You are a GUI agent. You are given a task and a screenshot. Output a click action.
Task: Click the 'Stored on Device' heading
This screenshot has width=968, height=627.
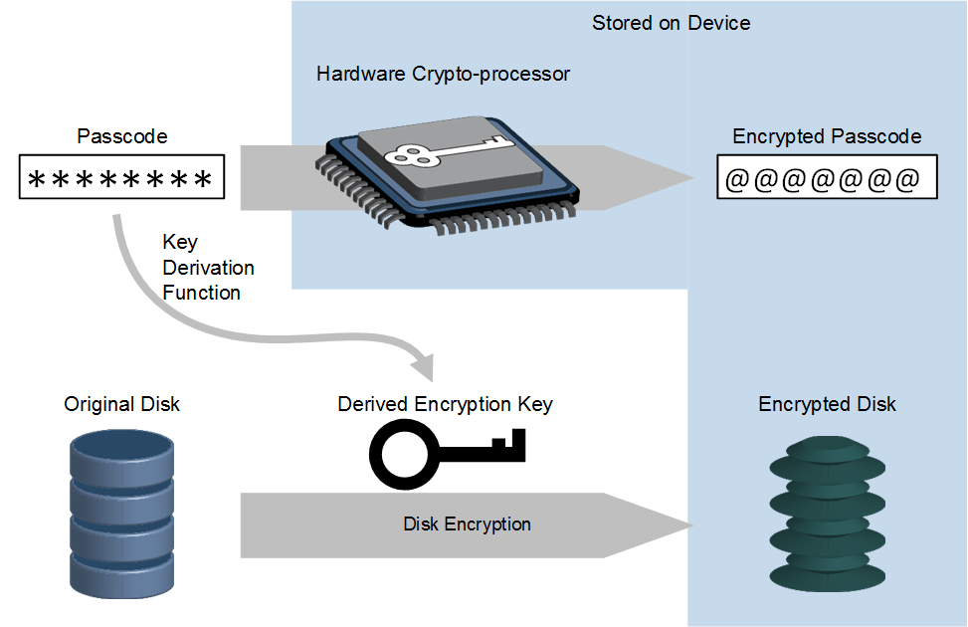tap(671, 23)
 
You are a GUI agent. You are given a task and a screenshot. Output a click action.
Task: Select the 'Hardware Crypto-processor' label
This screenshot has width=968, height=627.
tap(443, 74)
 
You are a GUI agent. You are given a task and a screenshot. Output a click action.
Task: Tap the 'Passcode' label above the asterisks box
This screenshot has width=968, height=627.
tap(121, 136)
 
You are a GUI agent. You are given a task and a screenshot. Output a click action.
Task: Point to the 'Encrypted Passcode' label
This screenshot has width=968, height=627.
tap(827, 136)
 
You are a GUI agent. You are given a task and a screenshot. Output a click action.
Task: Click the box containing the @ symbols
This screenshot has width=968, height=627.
tap(826, 180)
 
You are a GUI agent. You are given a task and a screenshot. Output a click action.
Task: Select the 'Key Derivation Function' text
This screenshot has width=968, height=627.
tap(208, 268)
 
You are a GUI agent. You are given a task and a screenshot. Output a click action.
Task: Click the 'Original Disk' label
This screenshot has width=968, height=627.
tap(121, 404)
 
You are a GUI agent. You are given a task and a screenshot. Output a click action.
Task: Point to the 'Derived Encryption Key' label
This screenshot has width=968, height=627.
tap(445, 404)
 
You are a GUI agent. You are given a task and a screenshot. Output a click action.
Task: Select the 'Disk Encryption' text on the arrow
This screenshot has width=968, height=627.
tap(467, 524)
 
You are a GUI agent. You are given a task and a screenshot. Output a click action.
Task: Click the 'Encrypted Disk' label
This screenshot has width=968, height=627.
tap(827, 404)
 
